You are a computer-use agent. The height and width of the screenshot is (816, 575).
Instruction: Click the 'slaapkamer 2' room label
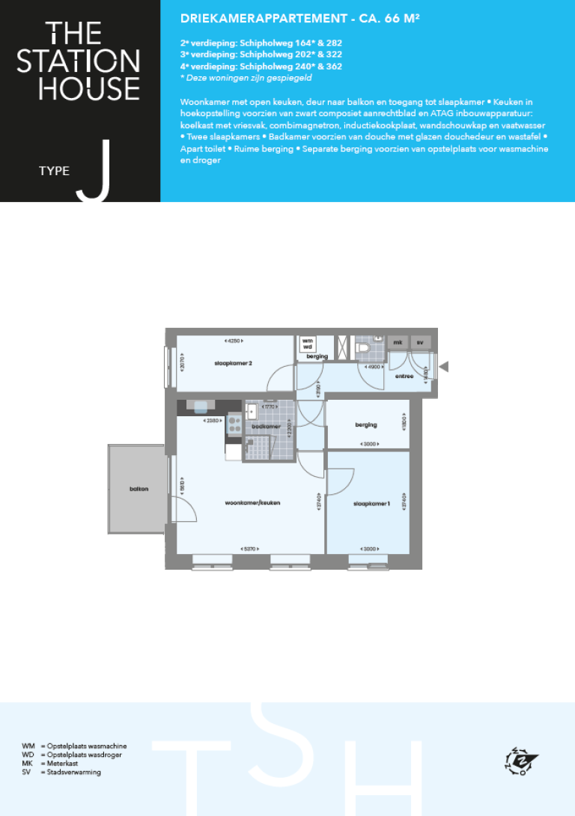click(x=233, y=364)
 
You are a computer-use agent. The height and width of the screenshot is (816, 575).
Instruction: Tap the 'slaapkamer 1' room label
click(x=372, y=503)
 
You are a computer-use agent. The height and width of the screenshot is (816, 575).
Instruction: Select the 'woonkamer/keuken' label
click(x=253, y=503)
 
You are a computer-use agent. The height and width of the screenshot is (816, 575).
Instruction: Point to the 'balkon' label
click(x=139, y=489)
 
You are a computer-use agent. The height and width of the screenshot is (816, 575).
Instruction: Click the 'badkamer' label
click(x=266, y=427)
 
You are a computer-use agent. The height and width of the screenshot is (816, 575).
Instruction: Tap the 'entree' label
click(x=404, y=376)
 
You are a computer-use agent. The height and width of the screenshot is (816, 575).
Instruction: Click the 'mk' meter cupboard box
click(x=398, y=342)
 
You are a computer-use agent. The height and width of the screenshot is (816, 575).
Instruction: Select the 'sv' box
click(x=421, y=342)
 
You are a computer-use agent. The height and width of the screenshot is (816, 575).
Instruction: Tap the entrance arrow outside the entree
click(x=443, y=366)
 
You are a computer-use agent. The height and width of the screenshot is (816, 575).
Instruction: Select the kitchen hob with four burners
click(x=233, y=425)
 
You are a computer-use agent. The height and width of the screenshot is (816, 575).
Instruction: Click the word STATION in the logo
click(x=79, y=61)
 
